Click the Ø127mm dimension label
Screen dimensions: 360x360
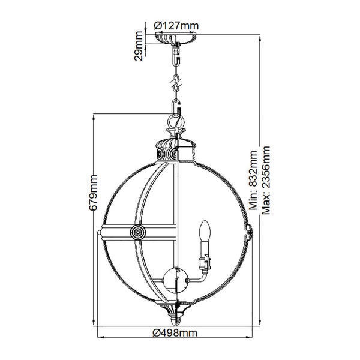176,25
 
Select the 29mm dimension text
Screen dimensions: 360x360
137,46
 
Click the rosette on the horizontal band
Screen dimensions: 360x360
138,231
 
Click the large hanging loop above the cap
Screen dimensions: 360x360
175,122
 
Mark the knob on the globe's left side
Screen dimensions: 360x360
98,232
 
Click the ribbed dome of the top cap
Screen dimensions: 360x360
175,142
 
